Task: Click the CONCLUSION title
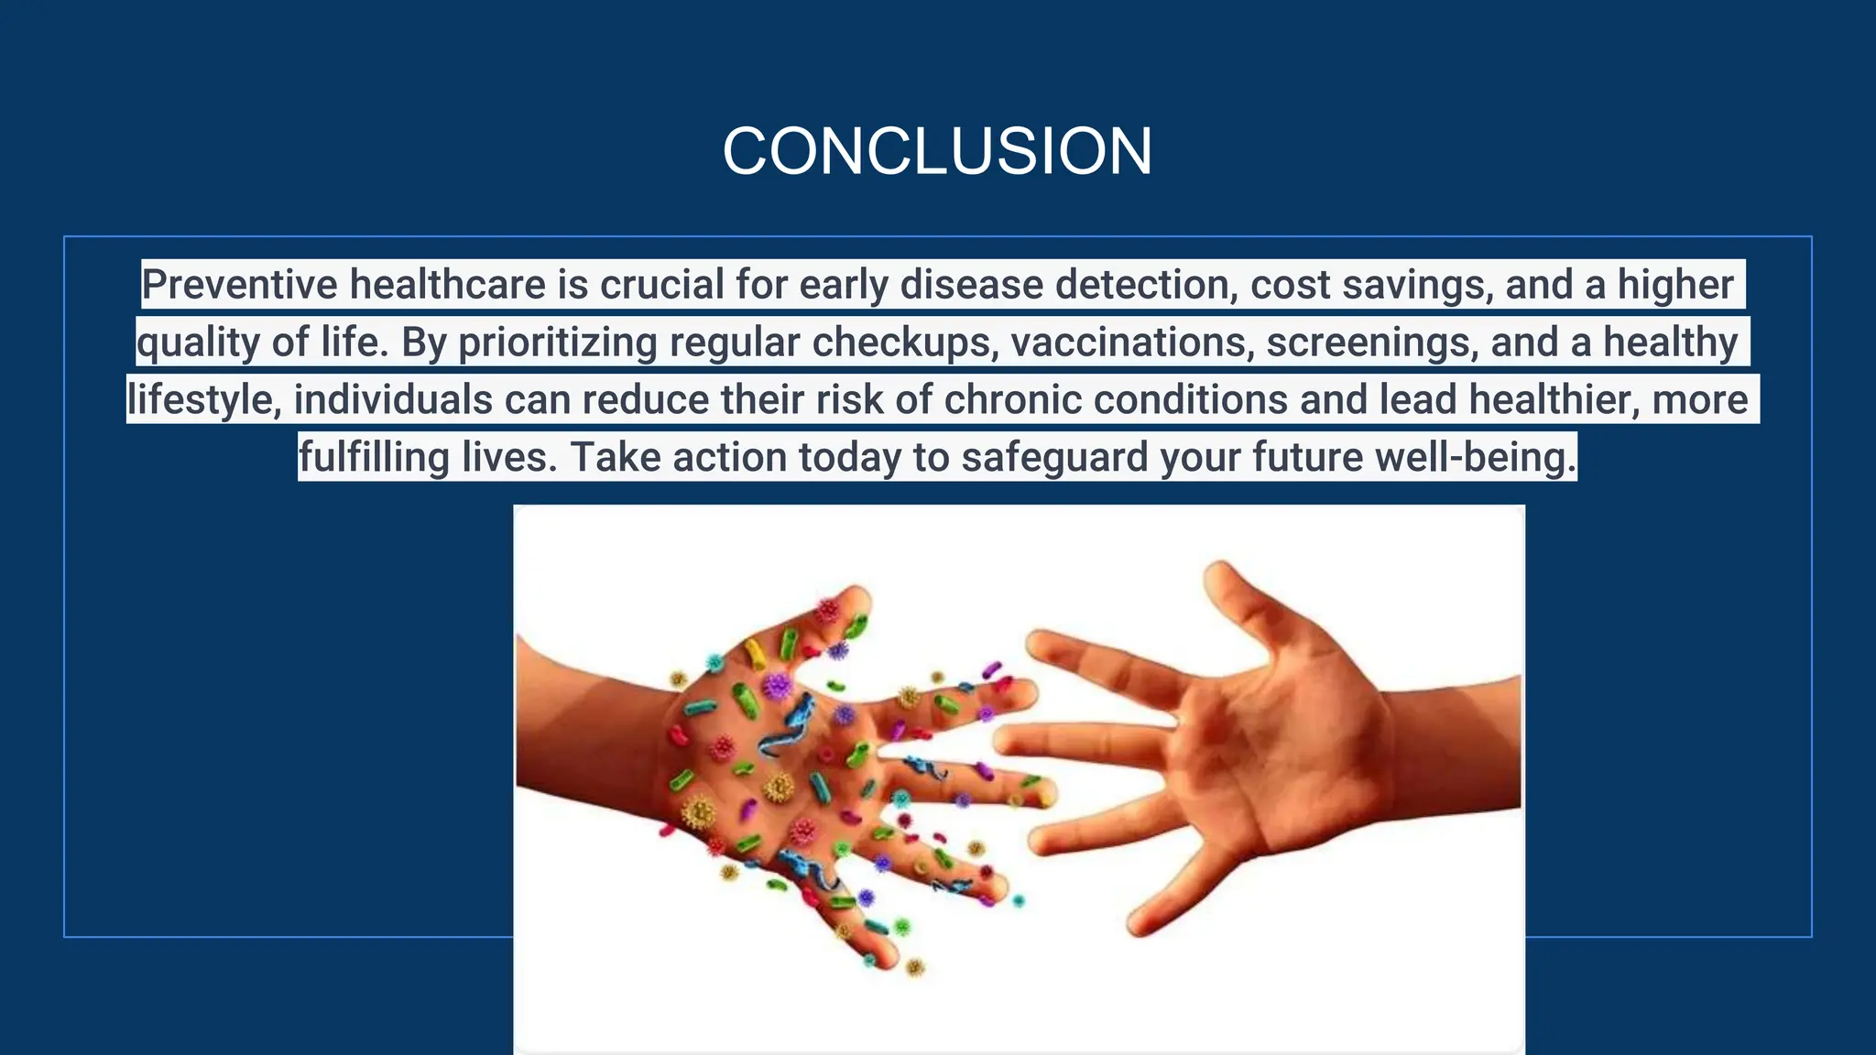click(937, 151)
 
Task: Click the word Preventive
click(240, 285)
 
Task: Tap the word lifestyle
click(203, 400)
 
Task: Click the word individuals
click(393, 400)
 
